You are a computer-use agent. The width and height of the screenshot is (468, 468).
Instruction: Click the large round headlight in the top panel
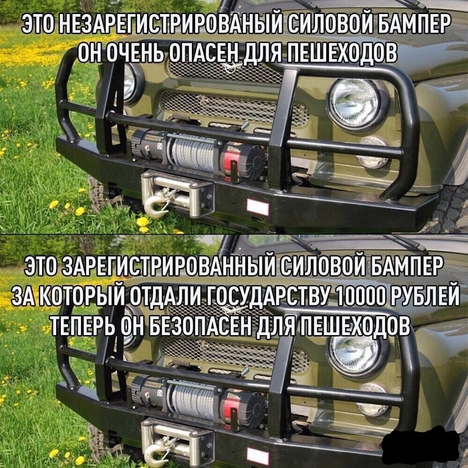[x=355, y=102]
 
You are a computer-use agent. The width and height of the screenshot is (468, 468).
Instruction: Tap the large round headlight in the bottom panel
[x=355, y=354]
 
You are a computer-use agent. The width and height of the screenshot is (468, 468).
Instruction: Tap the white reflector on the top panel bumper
[x=258, y=205]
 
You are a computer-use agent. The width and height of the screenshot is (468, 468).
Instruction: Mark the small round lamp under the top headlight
[x=371, y=153]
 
